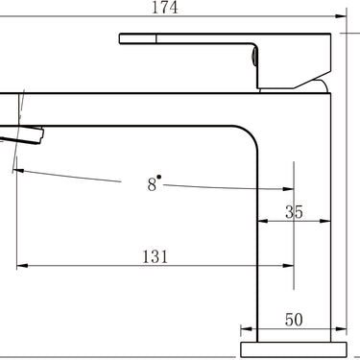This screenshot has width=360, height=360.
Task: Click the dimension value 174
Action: [164, 8]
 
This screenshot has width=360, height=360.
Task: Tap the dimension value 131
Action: [155, 256]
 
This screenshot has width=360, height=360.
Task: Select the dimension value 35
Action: [294, 212]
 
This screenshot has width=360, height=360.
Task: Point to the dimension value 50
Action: [294, 320]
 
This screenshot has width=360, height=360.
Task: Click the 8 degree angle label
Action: [154, 183]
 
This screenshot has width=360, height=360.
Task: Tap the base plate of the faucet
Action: [294, 349]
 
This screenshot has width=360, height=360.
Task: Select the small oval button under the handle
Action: [254, 56]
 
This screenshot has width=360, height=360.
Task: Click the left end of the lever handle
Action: [120, 38]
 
